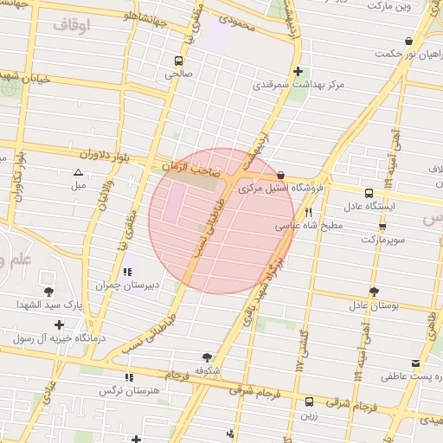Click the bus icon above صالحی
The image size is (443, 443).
[178, 61]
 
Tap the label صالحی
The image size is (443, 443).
[178, 74]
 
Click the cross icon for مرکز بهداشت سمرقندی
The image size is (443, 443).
[299, 72]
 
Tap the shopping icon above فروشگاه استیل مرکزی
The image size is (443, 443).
[280, 175]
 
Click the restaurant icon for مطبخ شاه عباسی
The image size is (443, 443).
[307, 211]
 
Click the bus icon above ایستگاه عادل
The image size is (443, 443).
[369, 193]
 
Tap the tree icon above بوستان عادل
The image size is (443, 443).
[373, 292]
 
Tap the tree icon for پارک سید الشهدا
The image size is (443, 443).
[48, 291]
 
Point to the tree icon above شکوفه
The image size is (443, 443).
[206, 356]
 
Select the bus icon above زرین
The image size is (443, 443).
[309, 401]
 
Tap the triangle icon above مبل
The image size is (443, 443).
[78, 172]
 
